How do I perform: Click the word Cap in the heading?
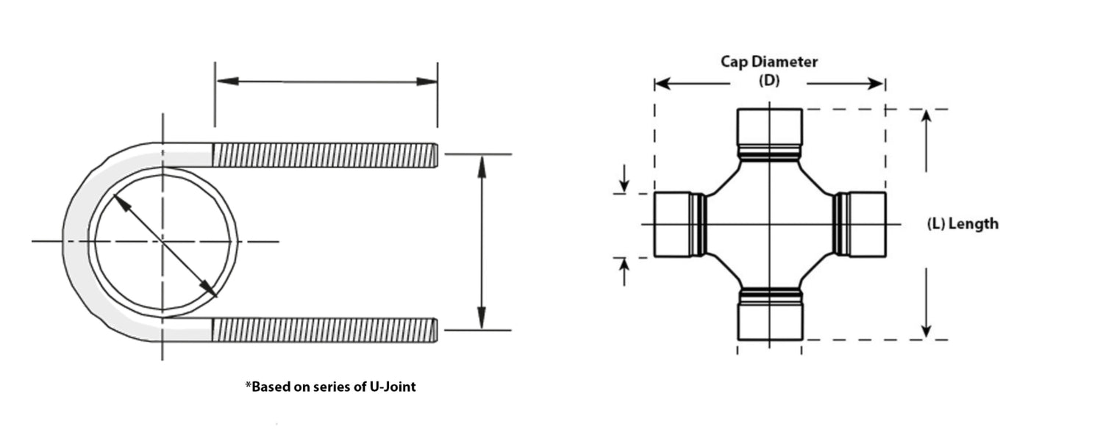732,62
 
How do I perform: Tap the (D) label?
769,80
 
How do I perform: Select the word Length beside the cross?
974,223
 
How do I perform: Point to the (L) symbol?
936,224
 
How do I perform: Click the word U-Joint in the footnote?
393,387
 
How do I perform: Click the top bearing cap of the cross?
770,127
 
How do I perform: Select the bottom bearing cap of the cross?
770,321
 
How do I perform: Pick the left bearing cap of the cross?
672,224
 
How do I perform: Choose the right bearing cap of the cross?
868,224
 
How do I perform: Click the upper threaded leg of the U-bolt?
325,154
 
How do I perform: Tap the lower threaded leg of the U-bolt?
325,330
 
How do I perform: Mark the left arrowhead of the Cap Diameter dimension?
663,84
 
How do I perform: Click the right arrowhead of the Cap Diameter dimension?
876,84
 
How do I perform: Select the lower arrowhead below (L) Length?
927,331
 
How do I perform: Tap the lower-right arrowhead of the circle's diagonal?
208,289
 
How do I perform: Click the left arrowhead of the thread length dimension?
227,81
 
